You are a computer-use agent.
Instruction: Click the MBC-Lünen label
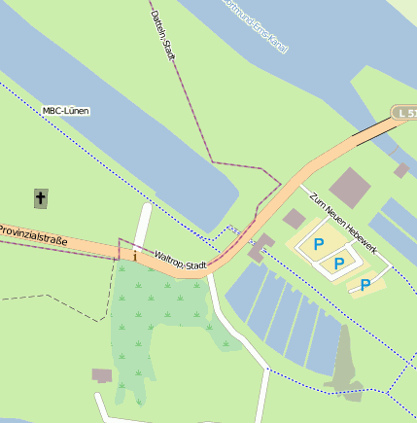[65, 111]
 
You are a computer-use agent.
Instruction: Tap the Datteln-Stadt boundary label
[163, 34]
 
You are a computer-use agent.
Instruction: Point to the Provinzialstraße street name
[33, 234]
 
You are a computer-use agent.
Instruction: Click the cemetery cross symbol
[41, 198]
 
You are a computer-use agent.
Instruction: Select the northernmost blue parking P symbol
[318, 245]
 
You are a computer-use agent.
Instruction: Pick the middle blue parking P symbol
[339, 264]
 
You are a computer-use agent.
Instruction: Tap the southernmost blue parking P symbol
[365, 285]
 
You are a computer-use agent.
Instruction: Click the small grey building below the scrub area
[101, 375]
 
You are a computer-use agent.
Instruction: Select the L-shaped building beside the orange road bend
[260, 247]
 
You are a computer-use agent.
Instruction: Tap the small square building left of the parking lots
[294, 219]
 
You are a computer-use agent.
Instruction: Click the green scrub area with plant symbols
[160, 321]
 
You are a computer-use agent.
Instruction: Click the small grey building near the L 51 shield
[401, 170]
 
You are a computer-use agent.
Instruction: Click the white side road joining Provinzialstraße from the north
[143, 229]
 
